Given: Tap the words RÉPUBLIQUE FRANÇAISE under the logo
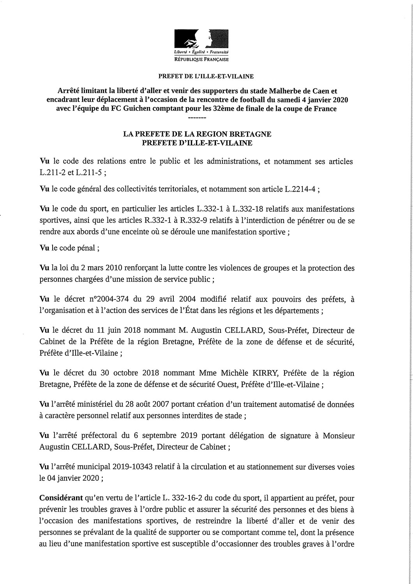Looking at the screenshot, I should coord(201,60).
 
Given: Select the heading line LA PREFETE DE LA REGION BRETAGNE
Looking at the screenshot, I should coord(197,134).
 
